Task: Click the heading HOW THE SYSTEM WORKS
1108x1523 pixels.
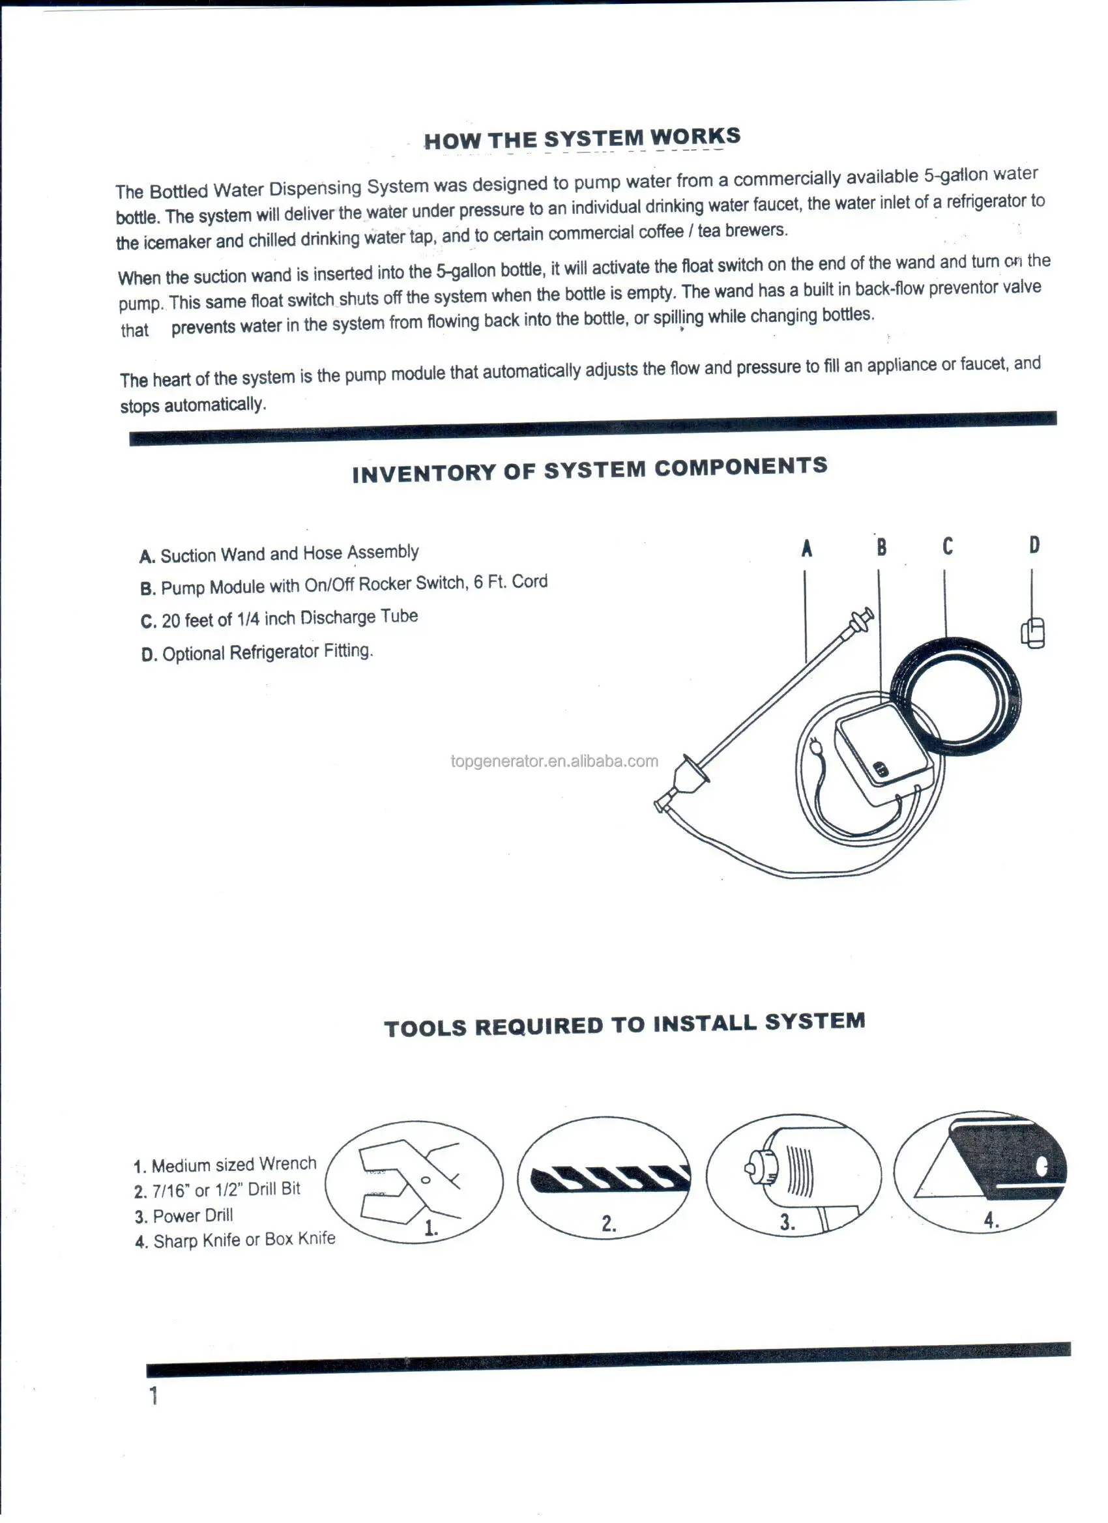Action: [x=581, y=138]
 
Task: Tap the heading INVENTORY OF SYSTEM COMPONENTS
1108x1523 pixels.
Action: [x=589, y=469]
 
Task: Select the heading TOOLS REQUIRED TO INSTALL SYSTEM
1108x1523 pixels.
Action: [x=624, y=1024]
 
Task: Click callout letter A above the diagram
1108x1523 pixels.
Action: [x=806, y=549]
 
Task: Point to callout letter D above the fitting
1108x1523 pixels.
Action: [x=1034, y=545]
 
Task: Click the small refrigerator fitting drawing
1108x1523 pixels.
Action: [x=1033, y=633]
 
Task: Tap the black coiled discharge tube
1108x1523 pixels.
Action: [x=955, y=697]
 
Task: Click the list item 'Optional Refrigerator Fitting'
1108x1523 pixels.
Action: [x=257, y=652]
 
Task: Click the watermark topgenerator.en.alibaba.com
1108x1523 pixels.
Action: [x=554, y=761]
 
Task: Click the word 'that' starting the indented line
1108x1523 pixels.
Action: [x=134, y=330]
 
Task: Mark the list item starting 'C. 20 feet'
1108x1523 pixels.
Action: [x=279, y=618]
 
